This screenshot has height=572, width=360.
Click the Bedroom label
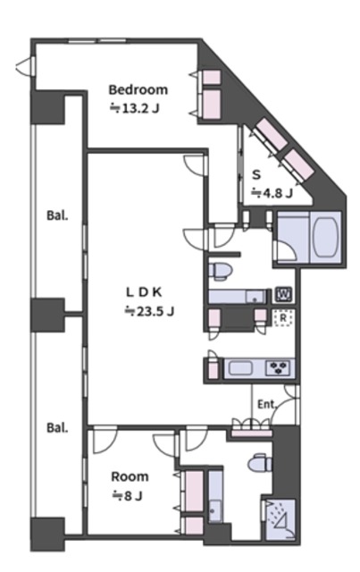tap(138, 89)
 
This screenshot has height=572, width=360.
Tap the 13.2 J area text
tap(135, 108)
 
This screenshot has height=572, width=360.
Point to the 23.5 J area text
tap(149, 311)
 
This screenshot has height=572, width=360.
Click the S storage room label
tap(256, 175)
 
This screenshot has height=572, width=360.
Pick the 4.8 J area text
tap(272, 192)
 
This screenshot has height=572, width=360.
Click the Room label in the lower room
tap(130, 476)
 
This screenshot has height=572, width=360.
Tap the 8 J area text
tap(127, 496)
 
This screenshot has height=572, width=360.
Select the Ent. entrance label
tap(267, 404)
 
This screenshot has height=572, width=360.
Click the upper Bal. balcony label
tap(57, 215)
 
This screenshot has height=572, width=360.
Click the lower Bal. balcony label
tap(57, 427)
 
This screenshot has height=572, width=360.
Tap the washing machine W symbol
tap(283, 294)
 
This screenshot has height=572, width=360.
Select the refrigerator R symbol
tap(283, 318)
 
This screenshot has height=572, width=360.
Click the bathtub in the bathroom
tap(324, 237)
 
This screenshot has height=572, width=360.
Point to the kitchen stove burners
tap(280, 367)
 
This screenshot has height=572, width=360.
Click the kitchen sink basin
tap(240, 367)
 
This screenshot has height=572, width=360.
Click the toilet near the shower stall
tap(260, 464)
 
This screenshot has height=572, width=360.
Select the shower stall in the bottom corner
tap(280, 519)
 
